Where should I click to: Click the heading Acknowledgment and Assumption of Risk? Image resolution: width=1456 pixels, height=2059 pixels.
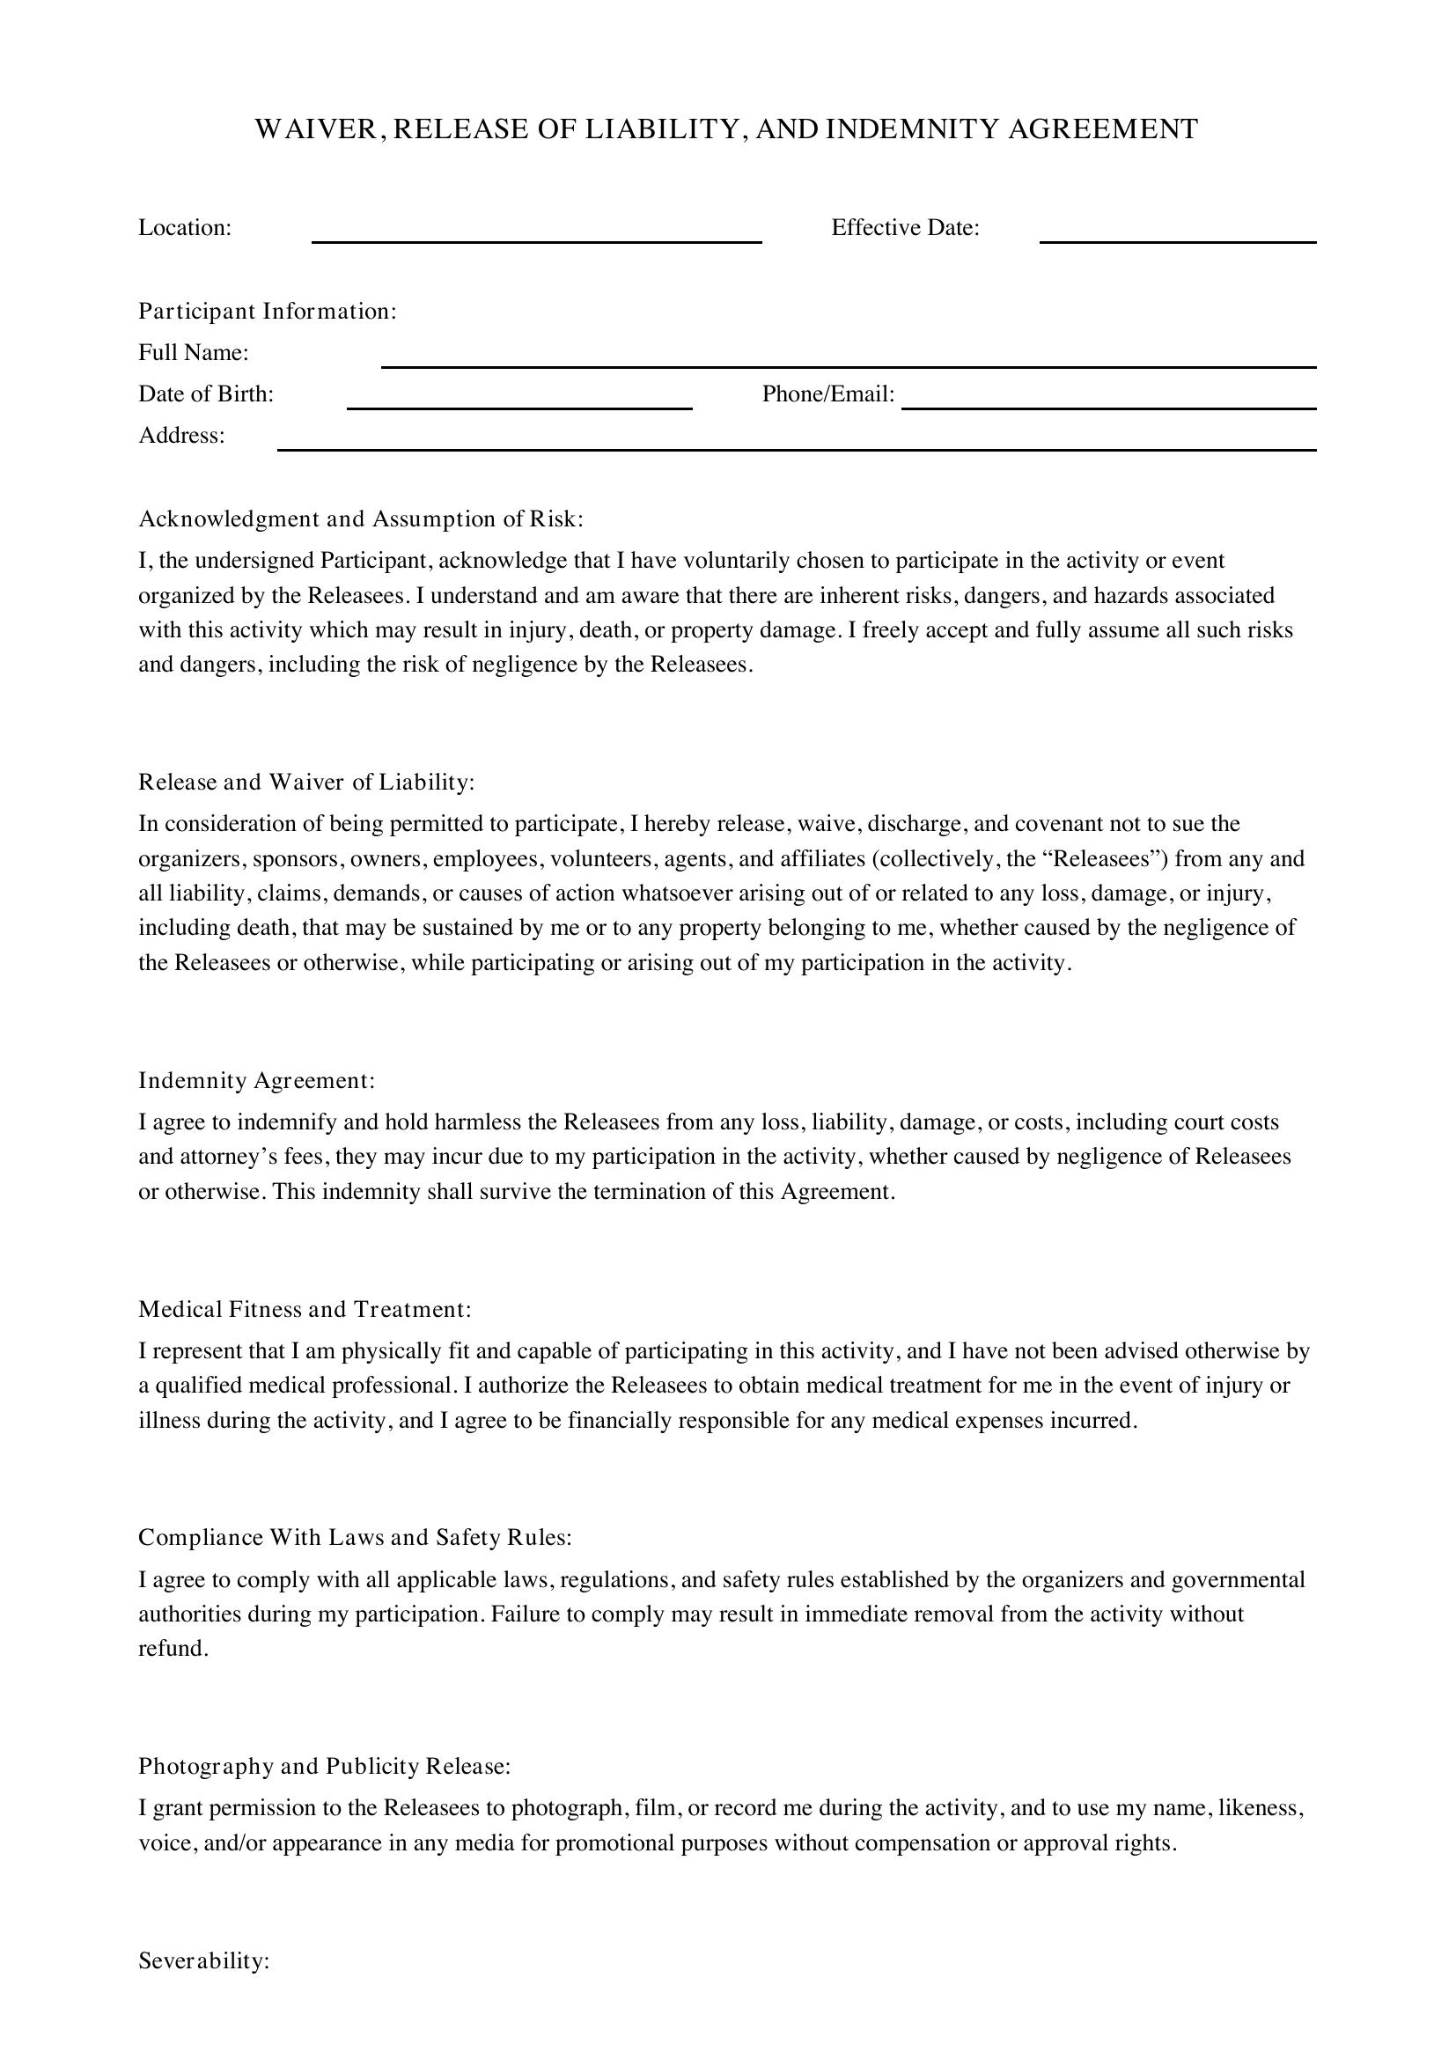(x=360, y=519)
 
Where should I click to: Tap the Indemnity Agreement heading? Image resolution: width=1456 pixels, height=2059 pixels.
(x=256, y=1081)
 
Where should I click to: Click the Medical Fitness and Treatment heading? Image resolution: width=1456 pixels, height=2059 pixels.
(x=305, y=1309)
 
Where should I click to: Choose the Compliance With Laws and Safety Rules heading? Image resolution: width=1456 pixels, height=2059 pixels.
(x=355, y=1537)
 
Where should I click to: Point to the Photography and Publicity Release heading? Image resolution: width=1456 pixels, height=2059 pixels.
(x=325, y=1766)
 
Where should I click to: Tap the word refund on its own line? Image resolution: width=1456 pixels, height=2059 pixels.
(x=173, y=1648)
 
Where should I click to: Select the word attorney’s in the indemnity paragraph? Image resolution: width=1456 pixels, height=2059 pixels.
(x=232, y=1157)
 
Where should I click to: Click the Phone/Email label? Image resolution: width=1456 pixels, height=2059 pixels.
(x=828, y=394)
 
